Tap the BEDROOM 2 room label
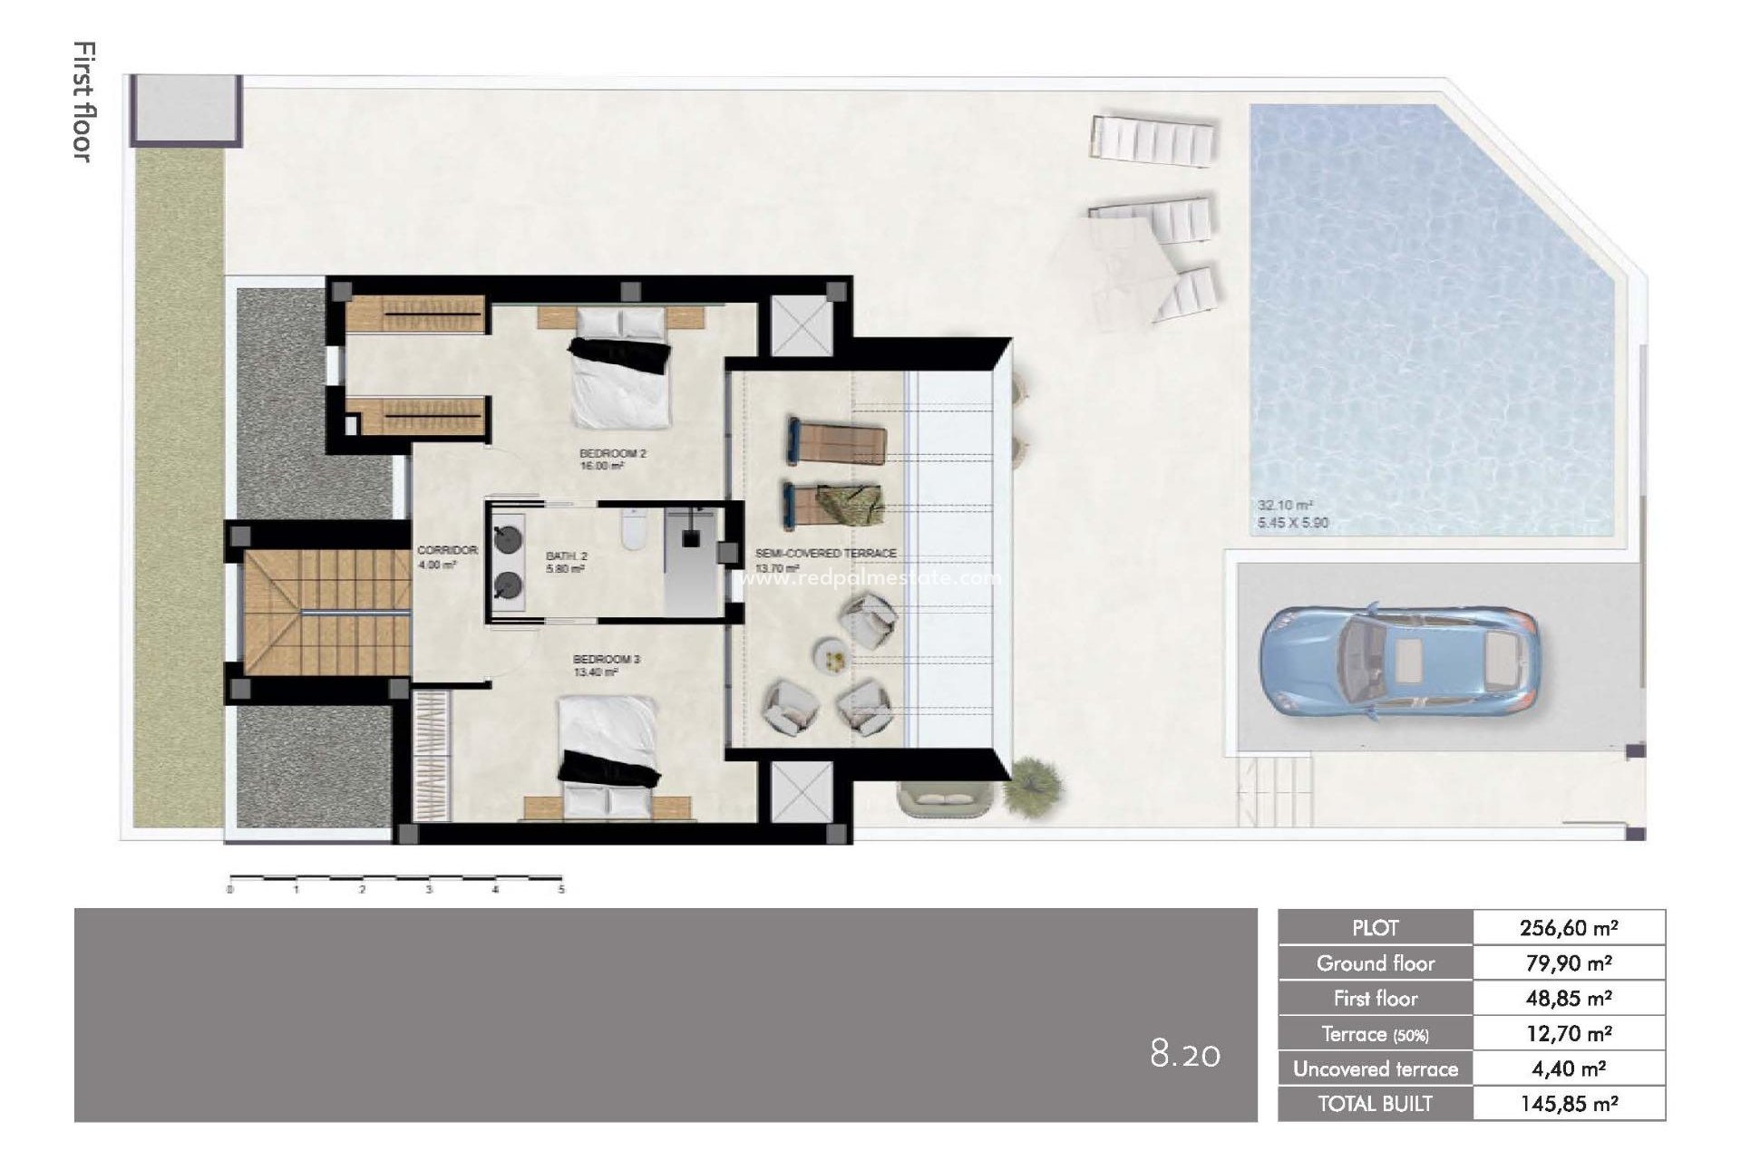click(x=614, y=452)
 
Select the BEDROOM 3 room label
click(x=607, y=659)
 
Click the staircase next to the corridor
click(x=325, y=613)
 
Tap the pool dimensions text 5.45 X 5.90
click(x=1293, y=523)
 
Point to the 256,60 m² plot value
click(x=1569, y=927)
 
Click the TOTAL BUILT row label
click(x=1375, y=1104)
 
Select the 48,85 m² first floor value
click(x=1569, y=998)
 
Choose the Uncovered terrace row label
click(x=1375, y=1069)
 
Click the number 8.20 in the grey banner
click(x=1185, y=1054)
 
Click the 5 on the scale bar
click(x=561, y=890)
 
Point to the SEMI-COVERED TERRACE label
click(x=825, y=553)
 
